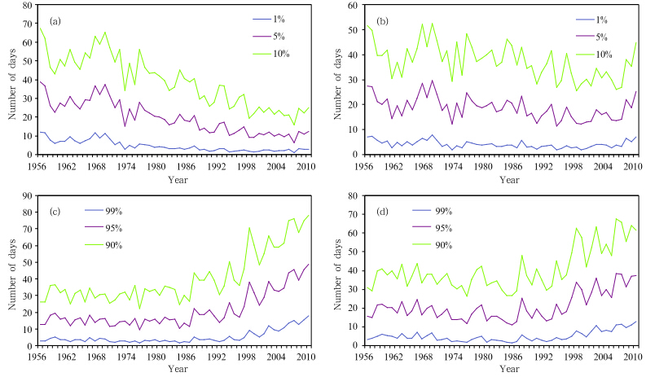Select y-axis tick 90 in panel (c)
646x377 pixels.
(28, 195)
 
